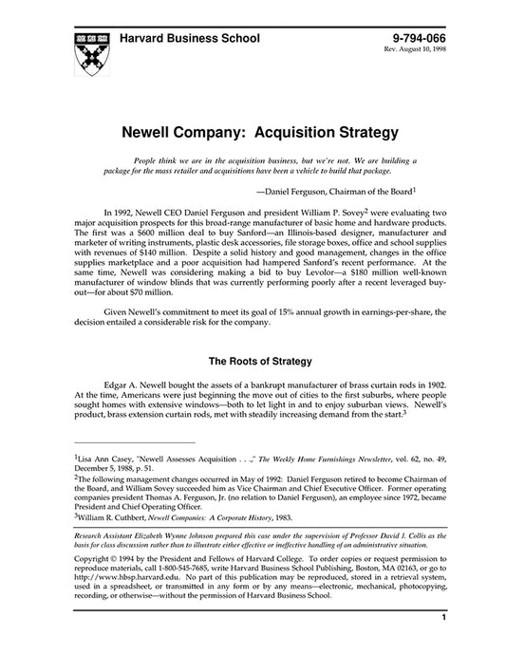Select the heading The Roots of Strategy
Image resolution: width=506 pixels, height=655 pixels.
pos(253,388)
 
